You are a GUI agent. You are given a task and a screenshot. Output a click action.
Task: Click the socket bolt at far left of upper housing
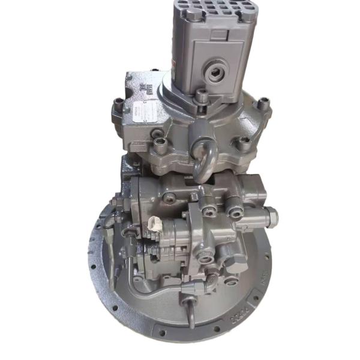[x=118, y=109]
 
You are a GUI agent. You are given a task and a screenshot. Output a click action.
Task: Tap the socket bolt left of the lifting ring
[x=161, y=143]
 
